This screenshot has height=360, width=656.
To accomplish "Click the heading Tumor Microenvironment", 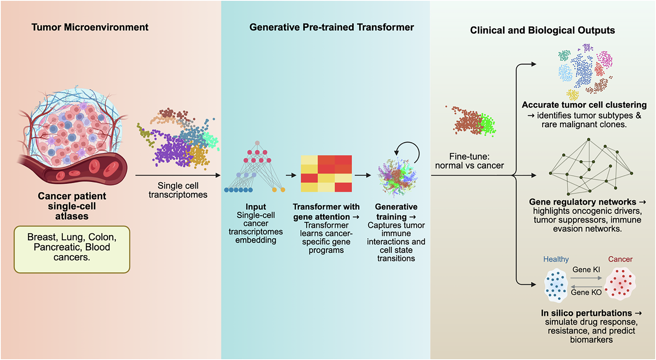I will click(90, 27).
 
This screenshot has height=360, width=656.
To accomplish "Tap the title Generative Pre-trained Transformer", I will click(331, 27).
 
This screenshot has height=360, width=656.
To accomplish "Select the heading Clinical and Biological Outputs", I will click(542, 30).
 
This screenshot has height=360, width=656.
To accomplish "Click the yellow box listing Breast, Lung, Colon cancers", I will click(72, 249).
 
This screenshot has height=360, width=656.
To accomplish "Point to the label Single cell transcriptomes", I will click(178, 190).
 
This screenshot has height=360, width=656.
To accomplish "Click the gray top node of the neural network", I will click(257, 143).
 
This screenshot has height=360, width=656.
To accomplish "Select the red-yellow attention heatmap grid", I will click(326, 174).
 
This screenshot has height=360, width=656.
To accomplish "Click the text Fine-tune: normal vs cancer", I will click(469, 161).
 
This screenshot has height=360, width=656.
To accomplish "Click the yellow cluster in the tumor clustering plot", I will click(573, 95).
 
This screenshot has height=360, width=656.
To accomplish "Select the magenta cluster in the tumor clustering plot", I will click(605, 59).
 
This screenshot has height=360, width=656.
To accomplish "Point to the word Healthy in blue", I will click(556, 259).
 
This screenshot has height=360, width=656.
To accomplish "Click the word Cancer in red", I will click(620, 259).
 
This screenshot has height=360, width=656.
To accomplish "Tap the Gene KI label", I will click(586, 270).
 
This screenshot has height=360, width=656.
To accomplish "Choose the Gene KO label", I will click(586, 292).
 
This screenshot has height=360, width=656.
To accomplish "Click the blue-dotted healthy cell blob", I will click(556, 285).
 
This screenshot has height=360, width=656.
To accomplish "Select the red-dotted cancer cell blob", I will click(620, 284).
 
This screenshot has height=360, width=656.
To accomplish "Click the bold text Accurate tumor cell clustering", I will click(584, 105).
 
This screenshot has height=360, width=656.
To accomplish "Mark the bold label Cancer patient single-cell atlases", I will click(72, 206).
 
